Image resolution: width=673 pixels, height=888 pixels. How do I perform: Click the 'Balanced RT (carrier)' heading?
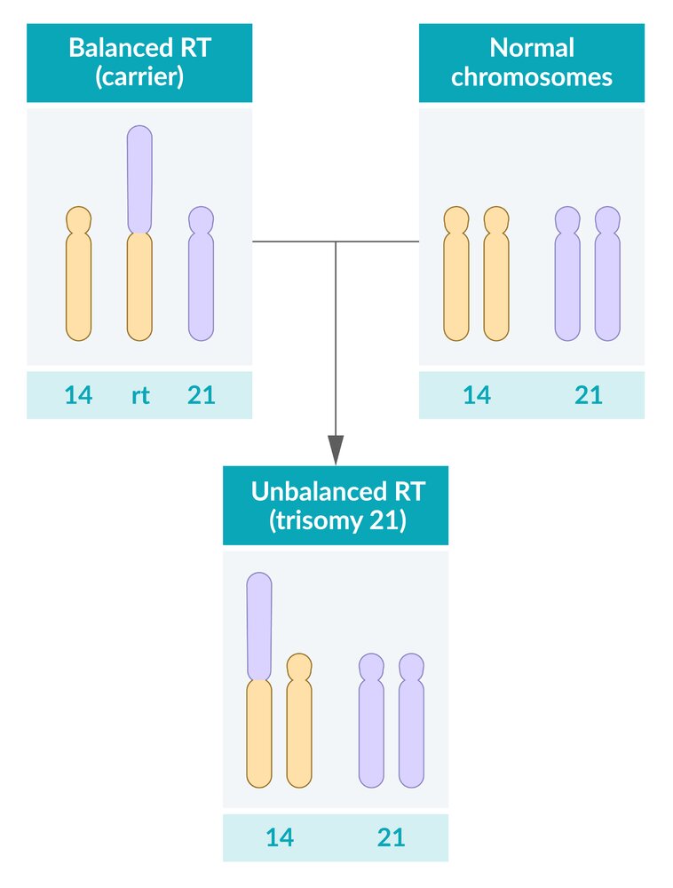click(139, 61)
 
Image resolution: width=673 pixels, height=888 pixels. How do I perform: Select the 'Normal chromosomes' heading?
click(531, 61)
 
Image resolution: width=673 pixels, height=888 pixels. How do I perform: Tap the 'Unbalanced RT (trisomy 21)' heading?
click(336, 504)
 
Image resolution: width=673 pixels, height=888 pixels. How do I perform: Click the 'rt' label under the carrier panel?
click(140, 395)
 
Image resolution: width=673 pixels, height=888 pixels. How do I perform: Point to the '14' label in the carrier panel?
click(78, 395)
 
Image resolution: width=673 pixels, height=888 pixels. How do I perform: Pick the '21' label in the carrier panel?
click(202, 395)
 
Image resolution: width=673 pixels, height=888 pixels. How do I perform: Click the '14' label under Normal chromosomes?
click(477, 395)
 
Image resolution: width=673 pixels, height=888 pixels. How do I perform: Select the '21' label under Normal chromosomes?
click(589, 395)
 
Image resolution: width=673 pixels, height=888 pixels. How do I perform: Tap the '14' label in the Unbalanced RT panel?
click(280, 837)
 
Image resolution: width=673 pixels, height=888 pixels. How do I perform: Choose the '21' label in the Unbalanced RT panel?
click(391, 837)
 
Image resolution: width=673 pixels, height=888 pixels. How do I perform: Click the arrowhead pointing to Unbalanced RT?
click(336, 449)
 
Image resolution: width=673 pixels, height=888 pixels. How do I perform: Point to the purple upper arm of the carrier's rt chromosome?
click(139, 178)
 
